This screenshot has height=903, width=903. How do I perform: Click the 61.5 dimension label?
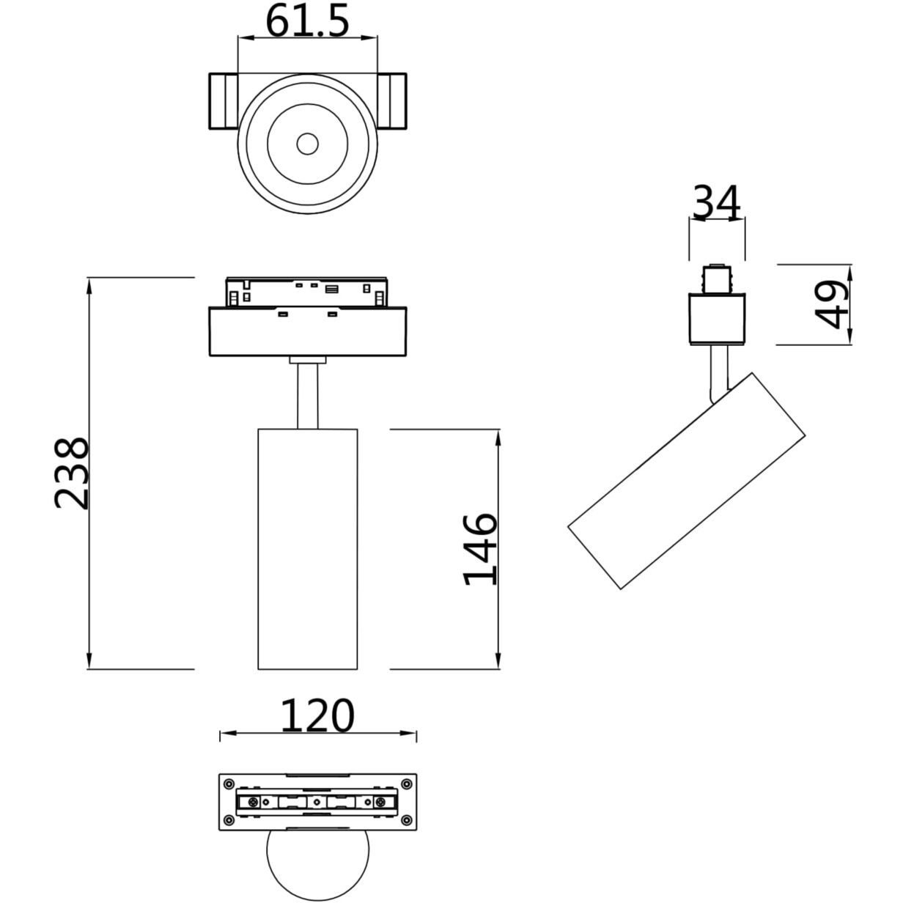307,22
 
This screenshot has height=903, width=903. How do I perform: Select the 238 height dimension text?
71,473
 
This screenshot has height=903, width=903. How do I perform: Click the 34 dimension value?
717,202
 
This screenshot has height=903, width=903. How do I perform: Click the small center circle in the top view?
307,144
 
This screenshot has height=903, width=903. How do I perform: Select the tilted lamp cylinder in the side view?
687,481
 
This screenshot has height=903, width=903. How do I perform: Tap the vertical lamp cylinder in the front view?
307,549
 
